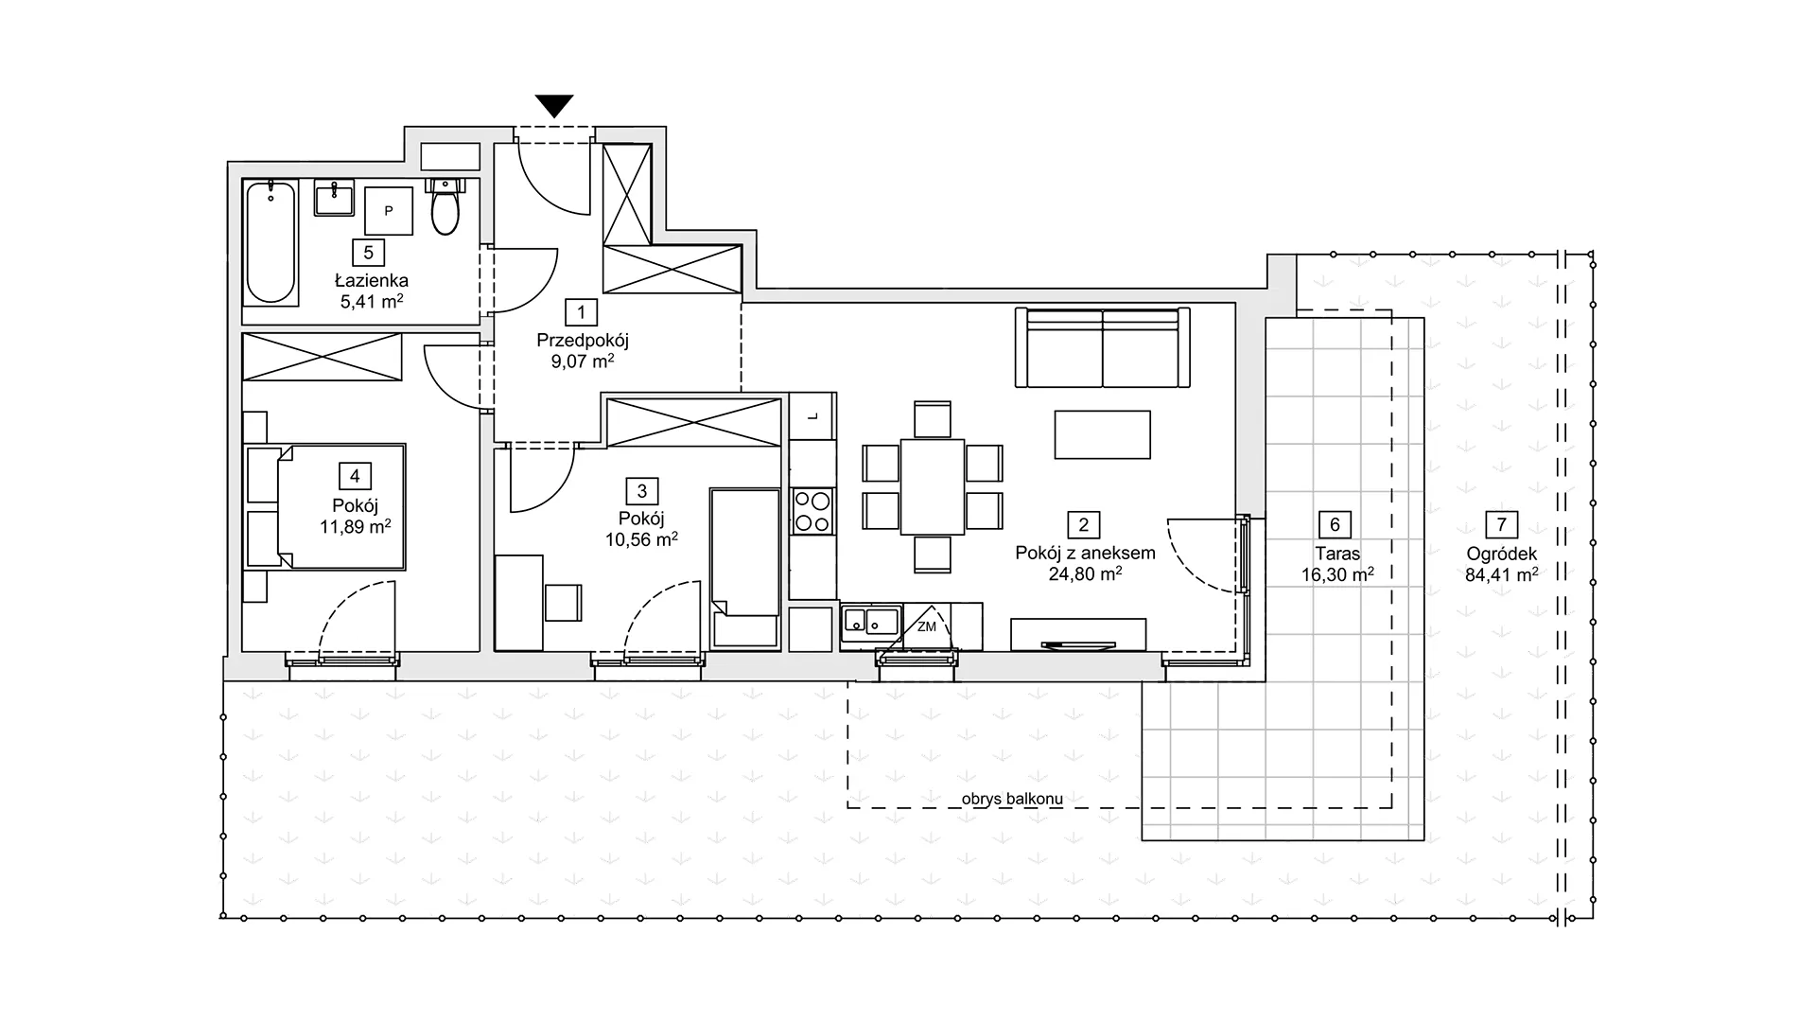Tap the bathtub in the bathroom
pos(271,242)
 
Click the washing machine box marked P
pos(389,211)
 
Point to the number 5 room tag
pos(369,253)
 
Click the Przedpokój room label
pos(583,340)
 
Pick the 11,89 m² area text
pos(356,527)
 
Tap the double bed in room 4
pos(326,506)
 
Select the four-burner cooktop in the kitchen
pos(812,511)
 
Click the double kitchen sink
pos(871,621)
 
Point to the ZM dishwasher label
pos(926,626)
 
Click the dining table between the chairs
pos(933,486)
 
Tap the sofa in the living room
pos(1103,347)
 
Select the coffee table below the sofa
pos(1103,434)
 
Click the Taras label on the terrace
pos(1337,554)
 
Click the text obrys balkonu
pos(1012,799)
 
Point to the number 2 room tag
pos(1084,525)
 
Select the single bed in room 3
pos(746,568)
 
